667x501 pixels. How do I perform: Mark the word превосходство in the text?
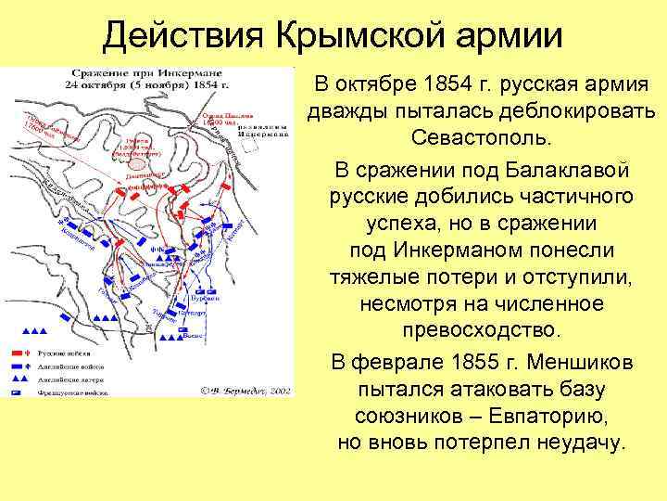[x=482, y=330]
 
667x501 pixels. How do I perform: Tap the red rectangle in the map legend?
[x=19, y=354]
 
